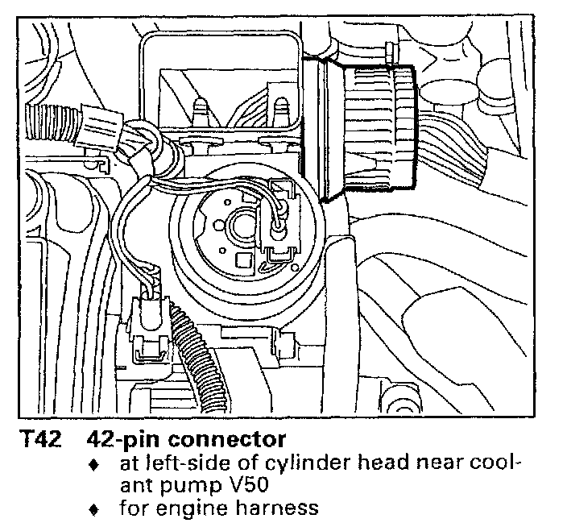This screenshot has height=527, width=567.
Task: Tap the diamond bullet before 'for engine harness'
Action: [94, 509]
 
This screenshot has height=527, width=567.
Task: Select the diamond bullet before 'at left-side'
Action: [94, 465]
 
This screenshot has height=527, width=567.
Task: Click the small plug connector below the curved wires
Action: [149, 322]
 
